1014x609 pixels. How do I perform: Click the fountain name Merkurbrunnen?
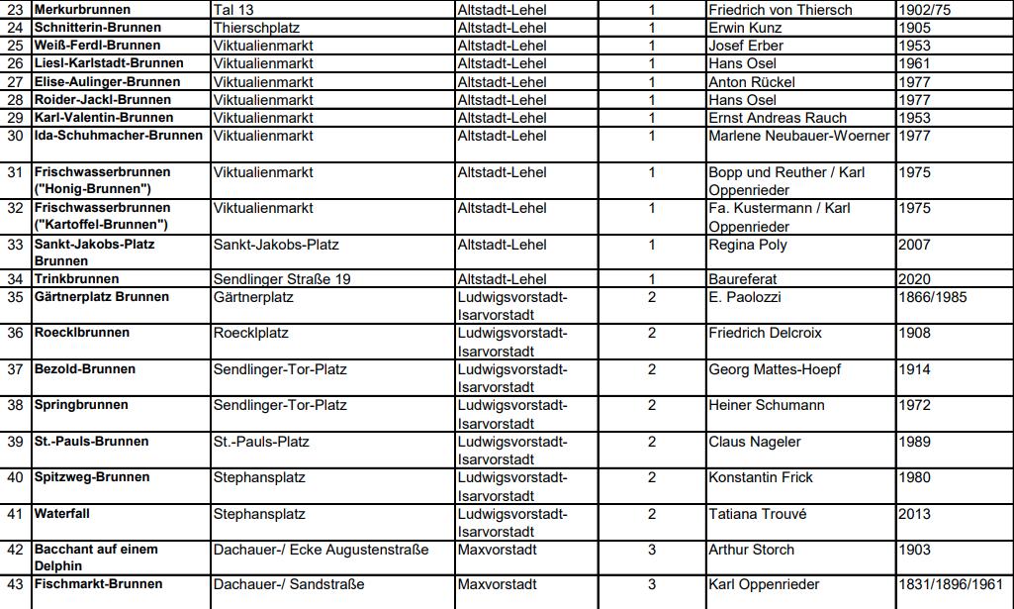point(82,10)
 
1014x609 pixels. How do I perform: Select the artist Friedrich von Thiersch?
point(780,10)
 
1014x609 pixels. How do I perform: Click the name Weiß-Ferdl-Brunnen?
point(97,46)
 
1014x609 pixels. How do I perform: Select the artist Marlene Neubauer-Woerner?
point(800,136)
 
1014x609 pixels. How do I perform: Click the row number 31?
point(15,172)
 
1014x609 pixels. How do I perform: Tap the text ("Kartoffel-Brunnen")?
point(101,225)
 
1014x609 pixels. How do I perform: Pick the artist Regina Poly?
point(749,245)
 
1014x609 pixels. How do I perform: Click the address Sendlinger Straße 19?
point(282,279)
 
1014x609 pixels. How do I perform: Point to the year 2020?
point(915,279)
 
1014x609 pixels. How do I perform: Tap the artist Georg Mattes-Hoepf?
point(775,369)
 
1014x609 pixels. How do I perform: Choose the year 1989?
point(915,442)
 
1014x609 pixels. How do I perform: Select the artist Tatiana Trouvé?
point(757,514)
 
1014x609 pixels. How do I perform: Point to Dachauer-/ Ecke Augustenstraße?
point(322,550)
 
